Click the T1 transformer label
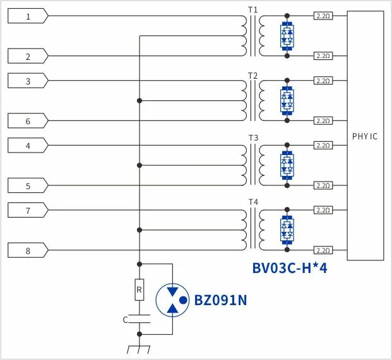click(x=252, y=9)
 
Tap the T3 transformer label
click(x=252, y=137)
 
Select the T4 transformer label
click(x=252, y=202)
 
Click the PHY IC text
click(x=365, y=136)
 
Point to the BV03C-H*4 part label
click(x=289, y=268)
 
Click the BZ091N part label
click(x=220, y=300)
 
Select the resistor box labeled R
click(x=139, y=290)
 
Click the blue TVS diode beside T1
click(x=287, y=35)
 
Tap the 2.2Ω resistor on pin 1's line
click(x=323, y=16)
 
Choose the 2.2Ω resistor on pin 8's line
click(x=323, y=250)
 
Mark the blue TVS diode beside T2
click(x=287, y=100)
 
